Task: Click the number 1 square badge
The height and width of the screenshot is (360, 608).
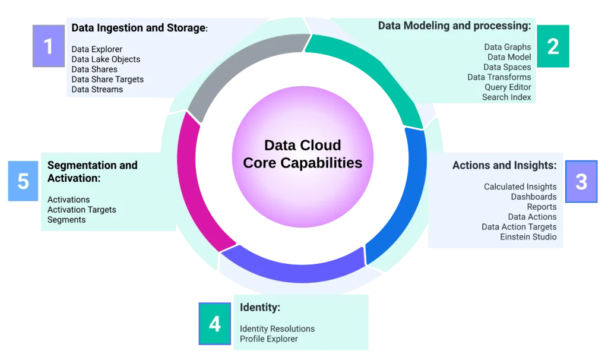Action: pos(49,46)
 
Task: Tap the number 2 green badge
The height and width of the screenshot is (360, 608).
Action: pos(553,46)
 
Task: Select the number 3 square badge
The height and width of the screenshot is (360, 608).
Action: pos(581,181)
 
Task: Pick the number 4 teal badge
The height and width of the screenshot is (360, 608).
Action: pos(214,324)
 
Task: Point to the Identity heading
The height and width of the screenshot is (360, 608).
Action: pos(259,308)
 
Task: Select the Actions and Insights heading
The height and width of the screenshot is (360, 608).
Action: pos(504,165)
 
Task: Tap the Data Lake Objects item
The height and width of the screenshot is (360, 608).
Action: pos(106,59)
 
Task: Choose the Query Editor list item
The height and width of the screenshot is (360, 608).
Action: pos(508,87)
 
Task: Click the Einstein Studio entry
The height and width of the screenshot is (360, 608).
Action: pos(528,237)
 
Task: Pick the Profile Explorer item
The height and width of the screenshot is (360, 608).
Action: pos(268,339)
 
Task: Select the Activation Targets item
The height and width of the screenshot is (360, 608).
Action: pos(82,210)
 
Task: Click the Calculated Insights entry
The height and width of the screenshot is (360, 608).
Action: pos(520,187)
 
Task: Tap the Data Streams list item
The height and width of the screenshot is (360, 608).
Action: pos(97,90)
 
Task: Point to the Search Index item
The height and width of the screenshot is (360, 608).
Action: pos(506,97)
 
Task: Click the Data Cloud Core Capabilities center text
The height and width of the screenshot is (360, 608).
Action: pos(303,154)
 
